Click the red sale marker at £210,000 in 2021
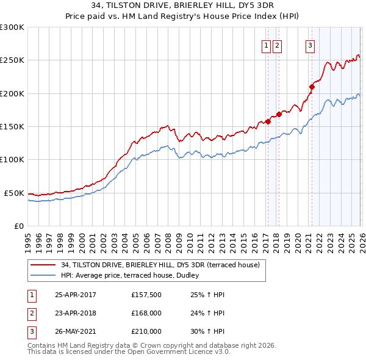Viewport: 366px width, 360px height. [x=311, y=87]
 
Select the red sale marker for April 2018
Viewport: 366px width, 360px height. [x=279, y=114]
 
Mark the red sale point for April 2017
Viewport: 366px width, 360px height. [x=268, y=121]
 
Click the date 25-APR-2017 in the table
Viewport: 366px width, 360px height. [x=76, y=295]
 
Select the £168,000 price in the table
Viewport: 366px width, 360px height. [x=146, y=313]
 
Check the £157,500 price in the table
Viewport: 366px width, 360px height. [x=146, y=295]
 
